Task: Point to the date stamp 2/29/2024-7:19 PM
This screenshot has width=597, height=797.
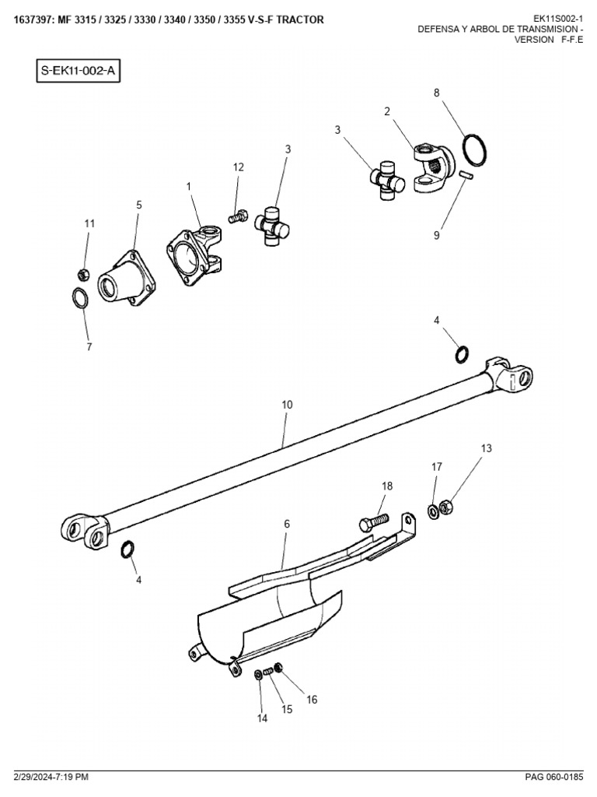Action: coord(50,776)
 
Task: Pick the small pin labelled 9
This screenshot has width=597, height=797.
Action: coord(466,176)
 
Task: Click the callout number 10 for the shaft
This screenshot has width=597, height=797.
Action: coord(287,405)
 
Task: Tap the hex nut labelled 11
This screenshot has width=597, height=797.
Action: coord(85,274)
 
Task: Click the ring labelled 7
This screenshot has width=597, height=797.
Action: coord(80,298)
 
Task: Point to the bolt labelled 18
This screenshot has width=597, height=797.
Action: coord(375,520)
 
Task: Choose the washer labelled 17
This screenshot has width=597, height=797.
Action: coord(432,511)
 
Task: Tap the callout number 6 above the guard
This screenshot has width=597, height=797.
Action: coord(286,525)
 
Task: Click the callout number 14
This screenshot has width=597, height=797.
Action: coord(262,718)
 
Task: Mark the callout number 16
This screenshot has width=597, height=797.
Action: coord(312,699)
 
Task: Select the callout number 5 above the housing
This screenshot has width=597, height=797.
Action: coord(139,205)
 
